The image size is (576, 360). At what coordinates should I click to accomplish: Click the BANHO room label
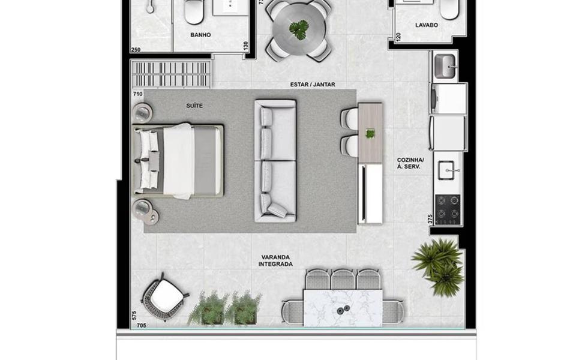click(x=200, y=35)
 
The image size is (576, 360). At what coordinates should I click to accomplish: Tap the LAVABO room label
click(x=427, y=25)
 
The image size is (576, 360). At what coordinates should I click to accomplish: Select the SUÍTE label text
click(x=194, y=106)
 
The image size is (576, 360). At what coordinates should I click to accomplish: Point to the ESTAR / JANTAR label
click(x=313, y=85)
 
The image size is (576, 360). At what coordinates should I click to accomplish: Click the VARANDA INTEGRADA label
click(x=275, y=261)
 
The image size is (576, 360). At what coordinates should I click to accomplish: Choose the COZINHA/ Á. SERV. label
click(x=410, y=163)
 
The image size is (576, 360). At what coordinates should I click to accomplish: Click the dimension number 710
click(x=138, y=94)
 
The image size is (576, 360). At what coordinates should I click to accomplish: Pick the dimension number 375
click(x=430, y=219)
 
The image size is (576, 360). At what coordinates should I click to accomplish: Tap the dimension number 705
click(x=142, y=325)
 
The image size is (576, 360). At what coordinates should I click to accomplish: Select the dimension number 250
click(x=136, y=50)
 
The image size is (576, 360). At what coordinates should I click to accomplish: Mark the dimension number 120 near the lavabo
click(x=398, y=37)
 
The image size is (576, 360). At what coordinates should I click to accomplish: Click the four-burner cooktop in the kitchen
click(x=448, y=209)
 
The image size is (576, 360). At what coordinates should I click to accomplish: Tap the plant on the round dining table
click(x=299, y=29)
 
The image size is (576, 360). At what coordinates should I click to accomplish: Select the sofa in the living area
click(x=275, y=161)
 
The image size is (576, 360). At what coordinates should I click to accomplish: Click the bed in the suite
click(x=179, y=161)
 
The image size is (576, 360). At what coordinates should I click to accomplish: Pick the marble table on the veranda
click(x=343, y=307)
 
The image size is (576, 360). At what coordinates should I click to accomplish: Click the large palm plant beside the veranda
click(x=438, y=265)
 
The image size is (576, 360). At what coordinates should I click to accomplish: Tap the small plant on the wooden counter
click(x=370, y=134)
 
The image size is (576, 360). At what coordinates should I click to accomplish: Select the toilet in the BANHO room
click(x=194, y=11)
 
